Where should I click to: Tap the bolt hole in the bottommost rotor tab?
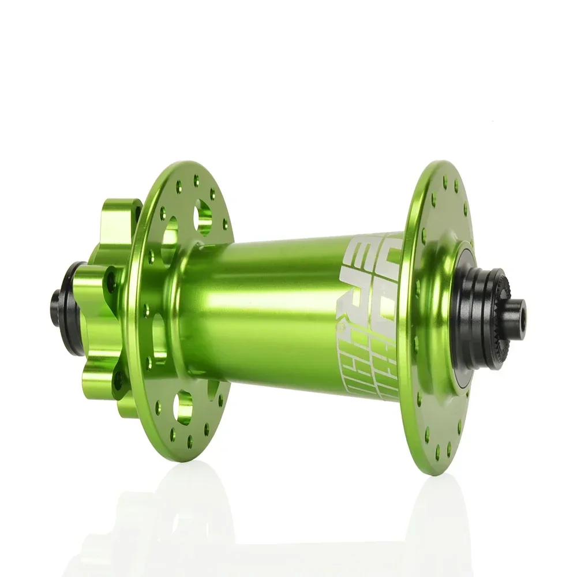(x=119, y=378)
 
